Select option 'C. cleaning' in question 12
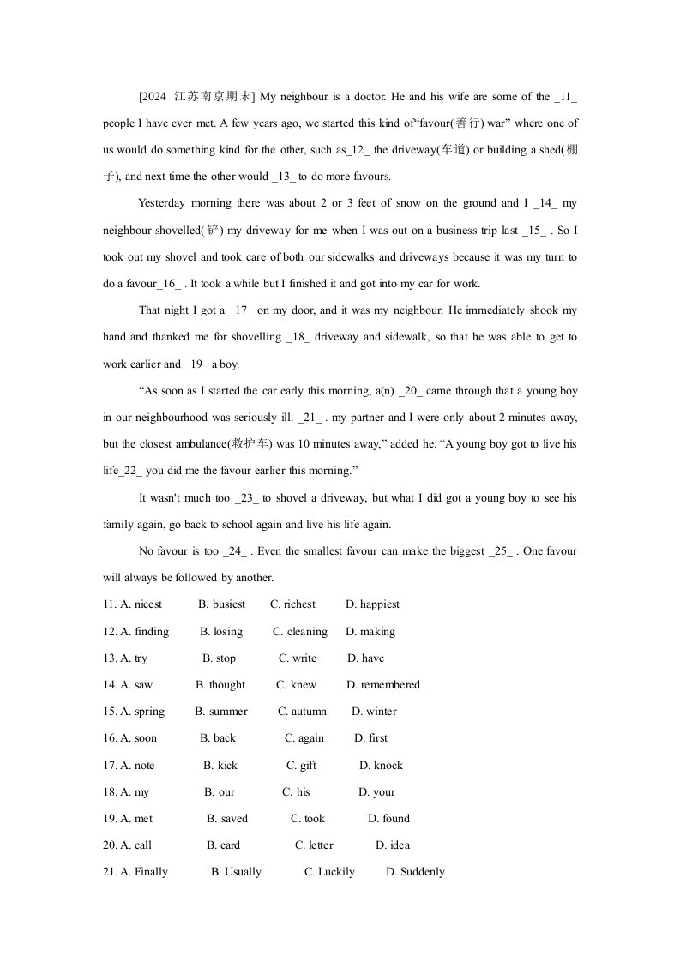tap(300, 632)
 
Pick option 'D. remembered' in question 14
tap(383, 685)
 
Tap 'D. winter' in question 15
tap(375, 712)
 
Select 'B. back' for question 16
tap(218, 738)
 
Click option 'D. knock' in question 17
tap(381, 766)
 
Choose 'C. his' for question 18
tap(296, 792)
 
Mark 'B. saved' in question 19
tap(227, 819)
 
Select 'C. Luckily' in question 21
tap(329, 872)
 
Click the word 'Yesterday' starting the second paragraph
tap(161, 203)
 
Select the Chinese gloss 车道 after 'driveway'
tap(452, 150)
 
